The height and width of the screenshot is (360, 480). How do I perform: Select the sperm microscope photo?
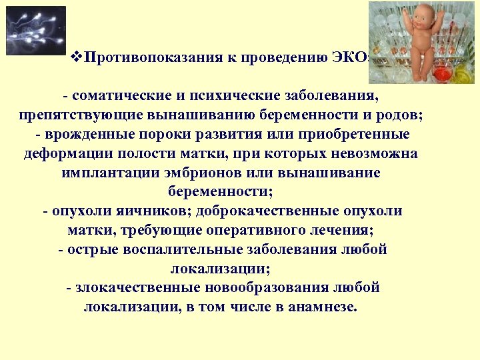click(x=36, y=31)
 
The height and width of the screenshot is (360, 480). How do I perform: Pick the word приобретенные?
click(x=357, y=134)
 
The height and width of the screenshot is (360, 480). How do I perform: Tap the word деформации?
click(x=61, y=153)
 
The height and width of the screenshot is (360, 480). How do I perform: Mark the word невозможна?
click(x=374, y=153)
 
